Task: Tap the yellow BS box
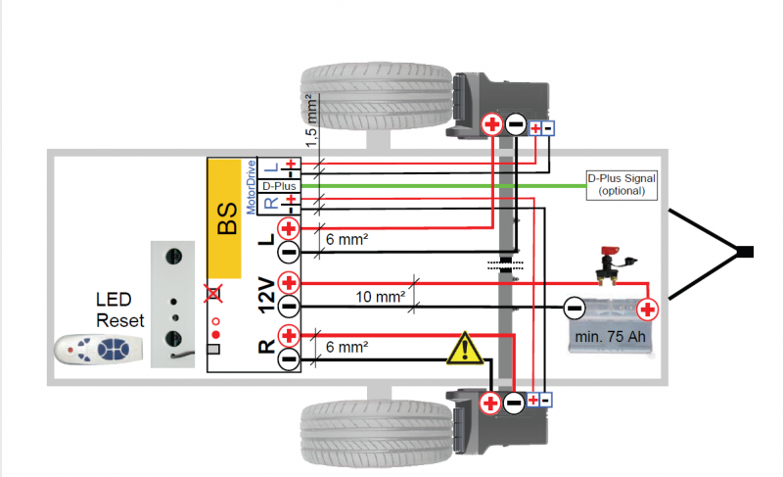coord(225,216)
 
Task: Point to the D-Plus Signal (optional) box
coord(622,184)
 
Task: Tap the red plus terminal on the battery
coord(647,310)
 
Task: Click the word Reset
coord(119,320)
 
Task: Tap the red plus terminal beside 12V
coord(289,283)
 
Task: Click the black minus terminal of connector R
coord(289,359)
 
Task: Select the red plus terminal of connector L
coord(289,228)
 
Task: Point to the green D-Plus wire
coord(440,183)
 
